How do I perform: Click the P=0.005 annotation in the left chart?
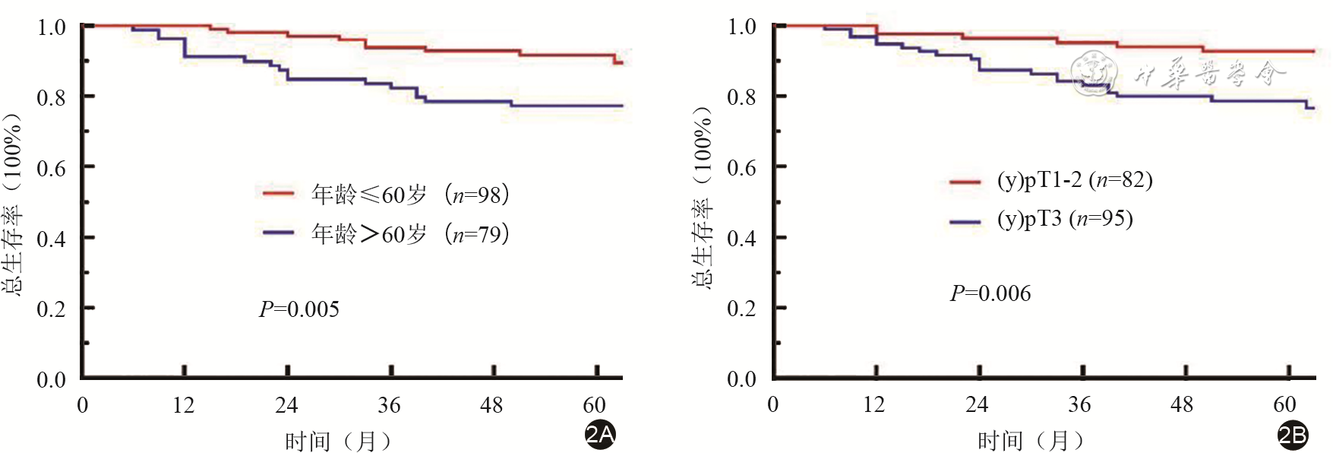299,309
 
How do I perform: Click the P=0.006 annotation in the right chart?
990,293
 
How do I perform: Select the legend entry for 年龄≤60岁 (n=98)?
386,195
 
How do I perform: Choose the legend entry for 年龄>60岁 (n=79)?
386,233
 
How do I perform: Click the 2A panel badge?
600,435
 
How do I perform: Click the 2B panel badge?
1293,436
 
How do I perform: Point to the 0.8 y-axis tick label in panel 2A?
52,97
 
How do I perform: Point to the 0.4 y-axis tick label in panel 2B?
741,239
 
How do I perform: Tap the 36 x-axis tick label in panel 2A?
389,405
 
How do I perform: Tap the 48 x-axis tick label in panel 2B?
1182,404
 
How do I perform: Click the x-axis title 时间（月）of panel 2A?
338,441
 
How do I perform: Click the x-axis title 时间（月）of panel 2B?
1031,440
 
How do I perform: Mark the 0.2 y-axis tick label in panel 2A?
52,309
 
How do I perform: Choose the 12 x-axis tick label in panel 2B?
873,404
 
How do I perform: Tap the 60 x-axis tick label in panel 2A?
594,405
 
